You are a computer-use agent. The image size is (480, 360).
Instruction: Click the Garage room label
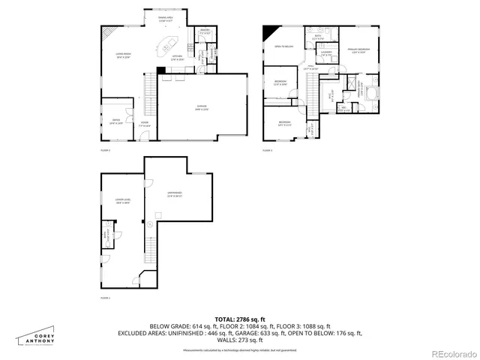tap(182, 107)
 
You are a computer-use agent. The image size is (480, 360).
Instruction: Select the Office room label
tap(115, 121)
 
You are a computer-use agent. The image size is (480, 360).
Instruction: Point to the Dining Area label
tap(166, 19)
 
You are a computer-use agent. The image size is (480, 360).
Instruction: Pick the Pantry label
tap(204, 31)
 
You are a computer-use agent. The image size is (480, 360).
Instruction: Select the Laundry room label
tap(326, 54)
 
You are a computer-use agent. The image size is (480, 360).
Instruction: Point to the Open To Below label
tap(283, 46)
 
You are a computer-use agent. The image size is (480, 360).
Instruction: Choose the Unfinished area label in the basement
tap(175, 193)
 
